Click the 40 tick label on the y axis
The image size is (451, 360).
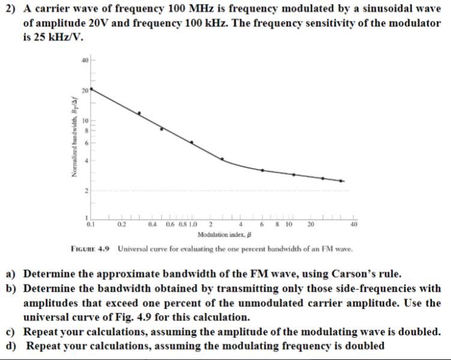tap(86, 60)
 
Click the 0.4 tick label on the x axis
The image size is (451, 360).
tap(151, 224)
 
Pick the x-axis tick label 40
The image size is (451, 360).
tap(354, 224)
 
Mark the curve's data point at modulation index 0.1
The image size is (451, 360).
tap(92, 88)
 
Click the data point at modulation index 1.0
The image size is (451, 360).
tap(192, 142)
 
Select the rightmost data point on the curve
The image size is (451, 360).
tap(342, 181)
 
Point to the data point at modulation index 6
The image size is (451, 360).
tap(262, 170)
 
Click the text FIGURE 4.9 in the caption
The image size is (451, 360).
tap(91, 248)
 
